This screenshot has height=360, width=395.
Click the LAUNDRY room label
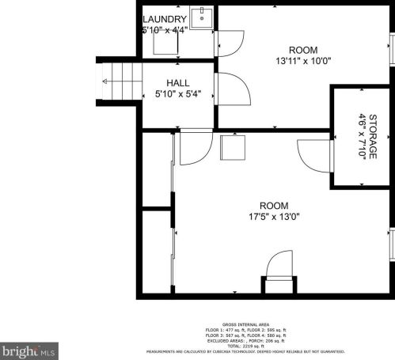165,19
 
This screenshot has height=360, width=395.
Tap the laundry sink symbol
203,16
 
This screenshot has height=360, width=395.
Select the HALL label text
177,82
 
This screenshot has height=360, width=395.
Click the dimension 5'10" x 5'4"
177,94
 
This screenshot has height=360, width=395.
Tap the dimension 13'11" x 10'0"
303,59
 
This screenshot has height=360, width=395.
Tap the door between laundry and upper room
230,44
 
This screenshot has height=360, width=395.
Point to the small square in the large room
233,147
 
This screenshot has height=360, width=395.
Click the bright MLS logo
29,349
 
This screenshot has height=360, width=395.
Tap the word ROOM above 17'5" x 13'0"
275,205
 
